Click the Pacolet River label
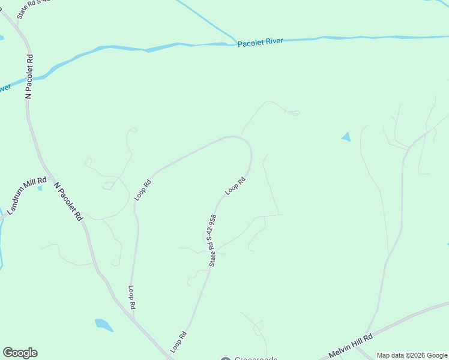(x=259, y=43)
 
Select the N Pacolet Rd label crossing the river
(x=29, y=76)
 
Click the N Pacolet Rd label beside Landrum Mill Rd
(x=68, y=202)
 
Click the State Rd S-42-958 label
(x=212, y=240)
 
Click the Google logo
(x=20, y=353)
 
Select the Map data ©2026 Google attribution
(x=411, y=355)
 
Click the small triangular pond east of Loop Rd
(x=346, y=137)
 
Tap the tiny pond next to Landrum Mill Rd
(x=40, y=188)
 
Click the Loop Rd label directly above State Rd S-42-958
(x=236, y=185)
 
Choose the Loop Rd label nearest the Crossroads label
(x=178, y=341)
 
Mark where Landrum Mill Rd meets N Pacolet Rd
(x=51, y=178)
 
